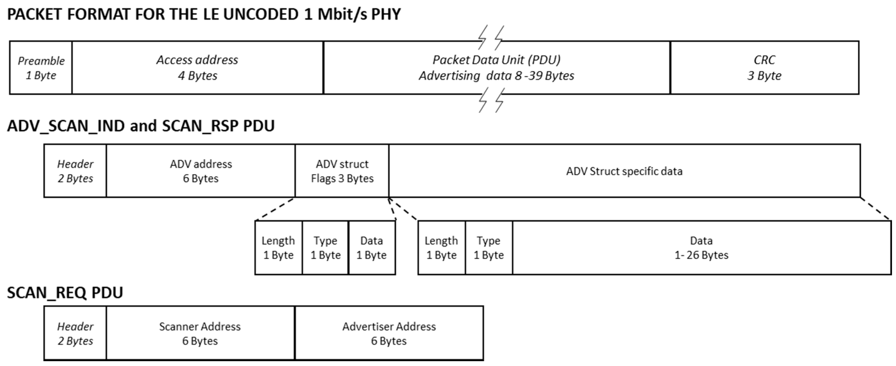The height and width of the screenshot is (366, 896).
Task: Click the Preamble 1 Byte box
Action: (41, 68)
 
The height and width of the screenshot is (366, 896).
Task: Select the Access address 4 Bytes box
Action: (197, 68)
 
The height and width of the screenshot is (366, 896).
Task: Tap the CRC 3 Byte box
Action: (764, 68)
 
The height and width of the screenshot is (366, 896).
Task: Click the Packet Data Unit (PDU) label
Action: (496, 60)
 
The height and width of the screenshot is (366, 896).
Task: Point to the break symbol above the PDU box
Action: (491, 37)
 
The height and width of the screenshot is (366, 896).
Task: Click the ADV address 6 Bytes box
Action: (201, 171)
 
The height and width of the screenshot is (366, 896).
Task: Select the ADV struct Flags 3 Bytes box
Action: (342, 171)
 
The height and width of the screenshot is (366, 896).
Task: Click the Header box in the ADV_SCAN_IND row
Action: (75, 171)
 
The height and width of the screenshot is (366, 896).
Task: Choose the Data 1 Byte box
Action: (372, 248)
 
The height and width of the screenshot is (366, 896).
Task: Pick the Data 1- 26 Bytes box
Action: (701, 248)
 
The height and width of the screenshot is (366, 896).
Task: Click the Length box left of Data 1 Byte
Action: (278, 248)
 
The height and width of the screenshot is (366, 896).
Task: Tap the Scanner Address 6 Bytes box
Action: (200, 333)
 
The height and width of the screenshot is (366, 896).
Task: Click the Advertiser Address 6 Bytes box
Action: (389, 333)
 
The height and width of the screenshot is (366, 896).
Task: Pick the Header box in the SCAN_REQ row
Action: (75, 333)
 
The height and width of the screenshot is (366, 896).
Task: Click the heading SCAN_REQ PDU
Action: (65, 292)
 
